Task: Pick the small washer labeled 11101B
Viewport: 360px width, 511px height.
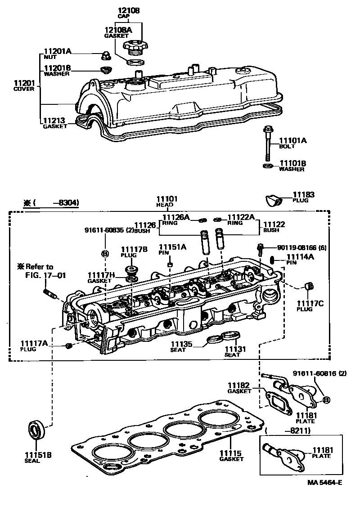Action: point(267,166)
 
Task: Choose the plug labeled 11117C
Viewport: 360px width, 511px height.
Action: point(308,286)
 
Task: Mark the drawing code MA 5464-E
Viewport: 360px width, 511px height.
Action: point(324,483)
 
